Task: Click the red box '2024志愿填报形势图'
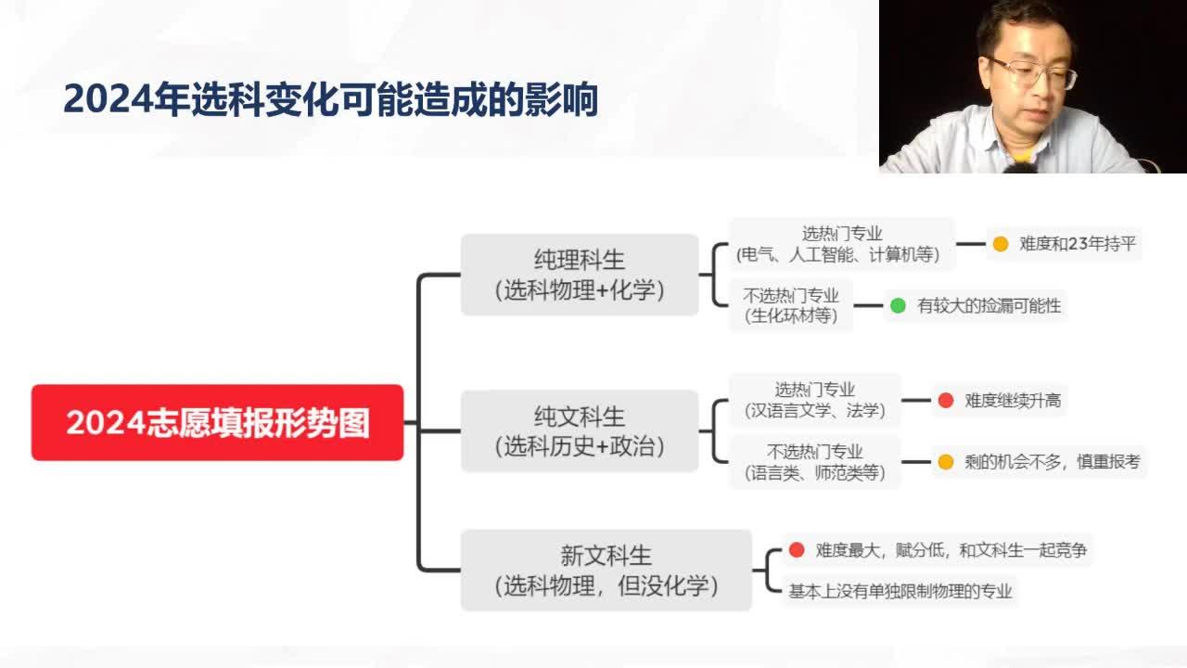click(x=217, y=422)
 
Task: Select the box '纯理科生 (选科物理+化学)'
click(x=580, y=275)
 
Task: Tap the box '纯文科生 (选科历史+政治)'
click(x=580, y=430)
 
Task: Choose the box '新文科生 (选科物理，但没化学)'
click(x=606, y=571)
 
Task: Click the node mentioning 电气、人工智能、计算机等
click(x=841, y=244)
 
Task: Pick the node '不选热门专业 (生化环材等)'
click(x=791, y=305)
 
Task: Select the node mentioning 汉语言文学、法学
click(x=815, y=400)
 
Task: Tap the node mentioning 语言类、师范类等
click(x=815, y=462)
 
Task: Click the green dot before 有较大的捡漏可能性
click(x=898, y=305)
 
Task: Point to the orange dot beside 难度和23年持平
click(x=1001, y=244)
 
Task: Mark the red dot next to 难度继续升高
click(x=946, y=400)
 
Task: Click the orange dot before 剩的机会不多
click(x=946, y=462)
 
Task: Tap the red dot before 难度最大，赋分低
click(x=797, y=550)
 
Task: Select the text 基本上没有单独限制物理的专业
click(x=900, y=591)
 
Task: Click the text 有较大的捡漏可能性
click(x=989, y=305)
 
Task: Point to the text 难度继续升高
click(x=1013, y=400)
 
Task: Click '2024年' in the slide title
click(x=127, y=99)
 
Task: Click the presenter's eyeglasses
click(x=1033, y=72)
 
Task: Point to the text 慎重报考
click(x=1108, y=462)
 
